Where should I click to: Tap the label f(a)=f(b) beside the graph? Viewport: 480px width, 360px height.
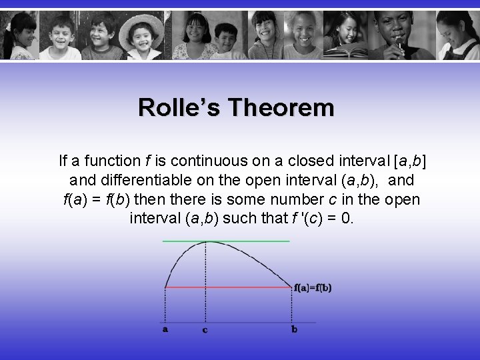pyautogui.click(x=313, y=288)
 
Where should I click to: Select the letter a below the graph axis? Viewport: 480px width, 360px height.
pyautogui.click(x=165, y=329)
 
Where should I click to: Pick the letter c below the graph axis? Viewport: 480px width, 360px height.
pyautogui.click(x=205, y=330)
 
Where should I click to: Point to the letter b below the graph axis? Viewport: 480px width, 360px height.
pyautogui.click(x=293, y=329)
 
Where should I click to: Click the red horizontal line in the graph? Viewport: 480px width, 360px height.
pyautogui.click(x=247, y=288)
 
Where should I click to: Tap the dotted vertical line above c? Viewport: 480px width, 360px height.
pyautogui.click(x=205, y=280)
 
